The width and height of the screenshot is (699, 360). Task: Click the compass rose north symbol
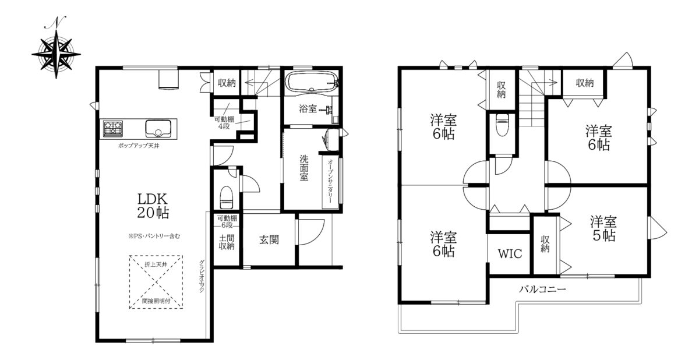[56, 50]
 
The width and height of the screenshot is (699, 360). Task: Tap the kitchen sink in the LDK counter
[158, 129]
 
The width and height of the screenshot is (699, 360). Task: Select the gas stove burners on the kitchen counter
[112, 128]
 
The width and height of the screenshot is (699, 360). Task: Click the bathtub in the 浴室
[312, 82]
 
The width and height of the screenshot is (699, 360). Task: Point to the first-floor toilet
[226, 197]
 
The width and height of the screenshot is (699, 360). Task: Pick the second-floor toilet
[502, 125]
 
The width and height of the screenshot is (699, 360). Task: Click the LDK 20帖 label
[153, 206]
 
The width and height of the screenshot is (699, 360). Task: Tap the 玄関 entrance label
[269, 240]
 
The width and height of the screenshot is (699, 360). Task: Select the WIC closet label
[510, 254]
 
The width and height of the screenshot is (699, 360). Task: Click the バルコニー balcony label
[542, 289]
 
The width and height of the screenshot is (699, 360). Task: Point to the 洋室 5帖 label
[603, 229]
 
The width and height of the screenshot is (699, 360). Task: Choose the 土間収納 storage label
[227, 242]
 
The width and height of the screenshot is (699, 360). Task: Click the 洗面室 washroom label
[304, 168]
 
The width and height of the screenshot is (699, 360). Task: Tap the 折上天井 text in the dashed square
[156, 264]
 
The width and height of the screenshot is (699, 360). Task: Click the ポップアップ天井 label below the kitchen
[139, 146]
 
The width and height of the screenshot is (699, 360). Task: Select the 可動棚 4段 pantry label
[224, 122]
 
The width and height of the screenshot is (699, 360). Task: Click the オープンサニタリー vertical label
[330, 182]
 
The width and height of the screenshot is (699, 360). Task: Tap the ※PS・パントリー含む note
[154, 236]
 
